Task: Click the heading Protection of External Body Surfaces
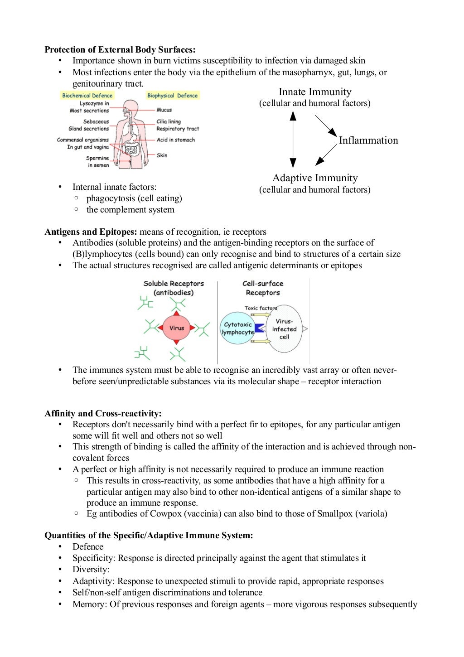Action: pyautogui.click(x=120, y=50)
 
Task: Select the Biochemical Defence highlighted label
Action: pyautogui.click(x=87, y=96)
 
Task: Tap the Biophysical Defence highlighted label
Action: pyautogui.click(x=172, y=96)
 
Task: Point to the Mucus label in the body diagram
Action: pyautogui.click(x=164, y=110)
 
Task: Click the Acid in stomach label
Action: pyautogui.click(x=175, y=140)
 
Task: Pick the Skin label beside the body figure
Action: pyautogui.click(x=162, y=155)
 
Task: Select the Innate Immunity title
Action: pyautogui.click(x=315, y=92)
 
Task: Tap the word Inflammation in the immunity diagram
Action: pyautogui.click(x=368, y=140)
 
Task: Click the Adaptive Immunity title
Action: pyautogui.click(x=315, y=178)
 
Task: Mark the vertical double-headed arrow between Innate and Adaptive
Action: pyautogui.click(x=293, y=140)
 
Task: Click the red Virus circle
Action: pyautogui.click(x=177, y=328)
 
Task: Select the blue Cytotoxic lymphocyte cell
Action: pyautogui.click(x=237, y=328)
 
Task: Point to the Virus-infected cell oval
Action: pyautogui.click(x=285, y=329)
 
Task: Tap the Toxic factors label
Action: pyautogui.click(x=261, y=308)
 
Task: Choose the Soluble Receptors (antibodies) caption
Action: pyautogui.click(x=174, y=288)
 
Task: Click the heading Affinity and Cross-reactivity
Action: pyautogui.click(x=103, y=413)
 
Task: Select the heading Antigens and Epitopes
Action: pyautogui.click(x=91, y=232)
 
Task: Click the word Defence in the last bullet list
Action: pyautogui.click(x=88, y=547)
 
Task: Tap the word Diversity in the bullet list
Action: pyautogui.click(x=91, y=570)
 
